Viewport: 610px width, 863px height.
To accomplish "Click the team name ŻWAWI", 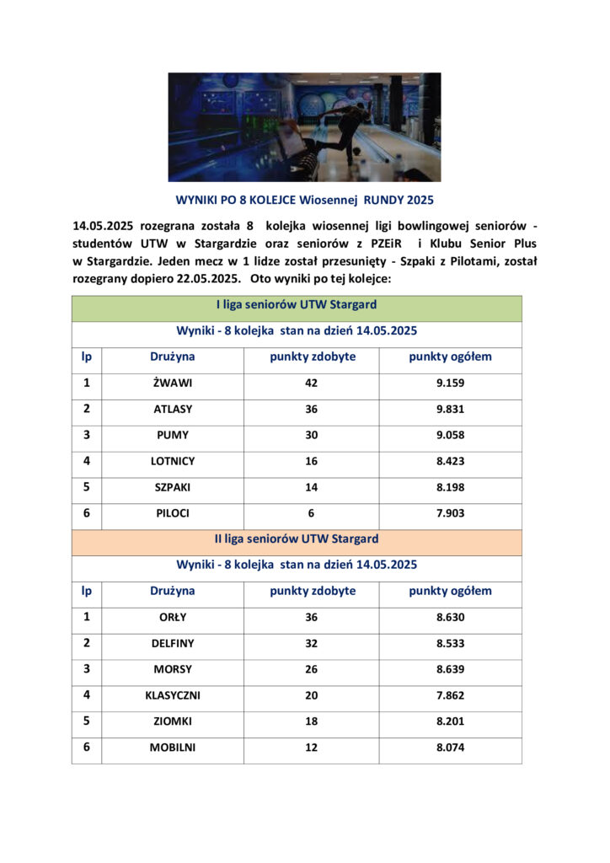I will [x=173, y=383].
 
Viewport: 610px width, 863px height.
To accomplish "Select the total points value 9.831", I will [x=450, y=410].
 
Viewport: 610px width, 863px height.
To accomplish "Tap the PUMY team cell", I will [x=173, y=436].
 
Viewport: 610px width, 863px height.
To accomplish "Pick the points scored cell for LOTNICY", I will [x=311, y=462].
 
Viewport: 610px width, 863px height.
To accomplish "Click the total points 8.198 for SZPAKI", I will [x=450, y=488].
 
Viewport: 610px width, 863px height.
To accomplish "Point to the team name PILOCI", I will [x=173, y=513].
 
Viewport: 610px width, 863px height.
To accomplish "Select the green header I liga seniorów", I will [x=296, y=304].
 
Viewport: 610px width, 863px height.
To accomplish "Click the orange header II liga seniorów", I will [x=296, y=539].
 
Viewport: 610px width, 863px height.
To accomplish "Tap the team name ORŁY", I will [x=173, y=618].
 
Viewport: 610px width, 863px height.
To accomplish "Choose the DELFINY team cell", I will [x=173, y=644].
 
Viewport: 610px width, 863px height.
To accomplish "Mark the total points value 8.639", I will [x=450, y=670].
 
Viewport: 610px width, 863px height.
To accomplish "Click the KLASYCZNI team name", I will [x=173, y=696].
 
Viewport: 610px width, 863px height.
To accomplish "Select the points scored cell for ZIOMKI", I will [x=311, y=722].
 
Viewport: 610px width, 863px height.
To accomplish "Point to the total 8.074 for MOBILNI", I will [x=450, y=748].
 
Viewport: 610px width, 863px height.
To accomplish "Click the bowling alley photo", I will [x=304, y=127].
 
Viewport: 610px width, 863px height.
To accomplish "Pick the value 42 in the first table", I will [x=311, y=383].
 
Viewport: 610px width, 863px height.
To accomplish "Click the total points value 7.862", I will [x=450, y=696].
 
